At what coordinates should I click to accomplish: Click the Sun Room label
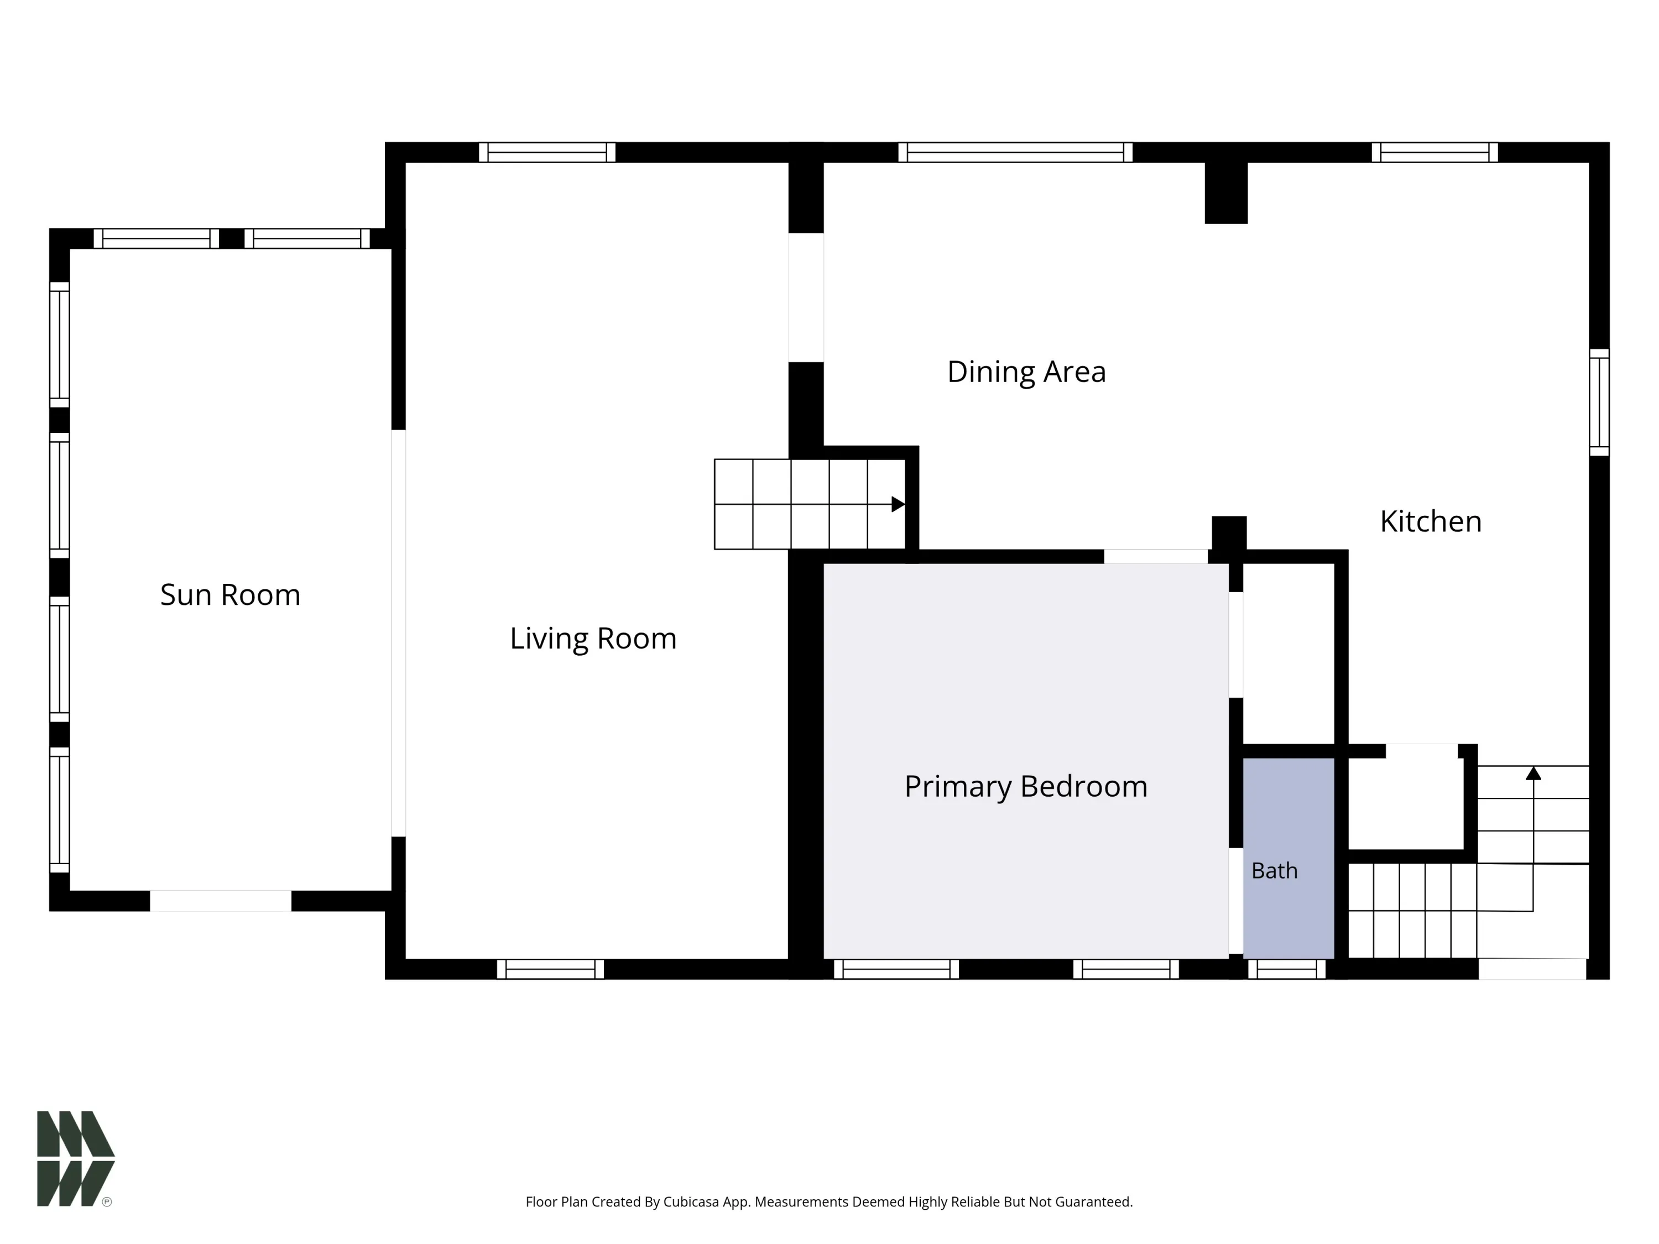pos(230,594)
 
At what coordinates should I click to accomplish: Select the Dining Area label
pos(1026,372)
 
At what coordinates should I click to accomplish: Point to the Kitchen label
pos(1430,521)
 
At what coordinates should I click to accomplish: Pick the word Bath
pos(1274,871)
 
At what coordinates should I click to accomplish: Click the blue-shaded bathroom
pos(1288,858)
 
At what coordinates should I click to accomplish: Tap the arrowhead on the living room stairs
pos(898,504)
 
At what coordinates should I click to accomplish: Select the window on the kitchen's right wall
pos(1599,402)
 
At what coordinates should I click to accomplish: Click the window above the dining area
pos(1015,152)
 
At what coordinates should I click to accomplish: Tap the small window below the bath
pos(1287,969)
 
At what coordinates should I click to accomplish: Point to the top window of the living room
pos(547,152)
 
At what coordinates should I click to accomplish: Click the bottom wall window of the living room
pos(550,969)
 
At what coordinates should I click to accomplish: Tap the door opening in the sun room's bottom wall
pos(221,901)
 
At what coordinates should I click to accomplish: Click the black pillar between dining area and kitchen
pos(1226,193)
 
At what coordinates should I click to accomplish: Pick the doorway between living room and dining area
pos(806,297)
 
